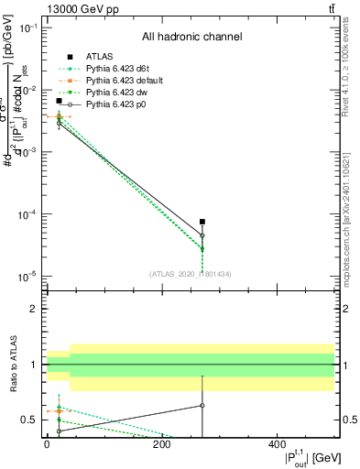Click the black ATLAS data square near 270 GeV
coord(202,222)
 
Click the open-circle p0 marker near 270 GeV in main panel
coord(202,235)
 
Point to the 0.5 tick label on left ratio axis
coord(31,420)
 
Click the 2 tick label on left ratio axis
coord(35,309)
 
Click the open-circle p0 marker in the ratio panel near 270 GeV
coord(202,405)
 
